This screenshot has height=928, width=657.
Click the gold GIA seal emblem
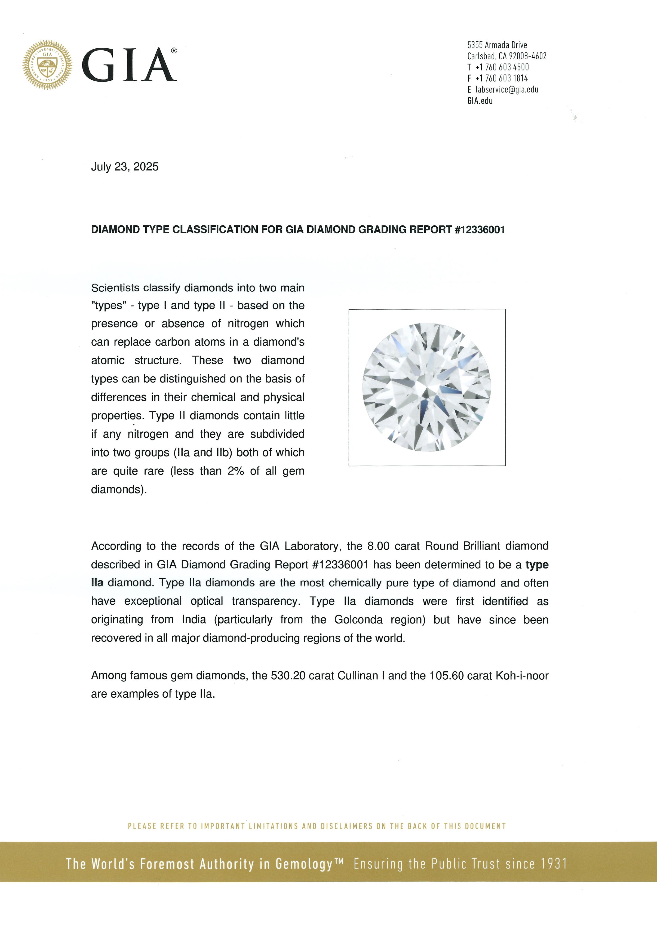pyautogui.click(x=47, y=65)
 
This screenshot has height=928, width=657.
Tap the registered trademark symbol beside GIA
pyautogui.click(x=174, y=51)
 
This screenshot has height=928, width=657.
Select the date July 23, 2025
pyautogui.click(x=125, y=167)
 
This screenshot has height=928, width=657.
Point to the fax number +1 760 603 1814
pyautogui.click(x=502, y=78)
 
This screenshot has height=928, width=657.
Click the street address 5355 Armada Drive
pyautogui.click(x=497, y=45)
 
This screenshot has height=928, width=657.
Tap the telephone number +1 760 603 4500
pyautogui.click(x=502, y=67)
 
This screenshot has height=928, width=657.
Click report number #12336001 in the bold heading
pyautogui.click(x=480, y=229)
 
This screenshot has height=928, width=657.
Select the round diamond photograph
pyautogui.click(x=426, y=387)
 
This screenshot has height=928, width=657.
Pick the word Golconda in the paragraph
pyautogui.click(x=358, y=620)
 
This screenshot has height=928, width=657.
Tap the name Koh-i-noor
pyautogui.click(x=522, y=675)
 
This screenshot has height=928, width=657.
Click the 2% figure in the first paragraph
pyautogui.click(x=236, y=471)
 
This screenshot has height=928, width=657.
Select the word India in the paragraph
pyautogui.click(x=194, y=620)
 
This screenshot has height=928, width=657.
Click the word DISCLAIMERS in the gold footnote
pyautogui.click(x=346, y=826)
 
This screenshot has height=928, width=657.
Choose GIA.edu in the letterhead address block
pyautogui.click(x=480, y=101)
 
